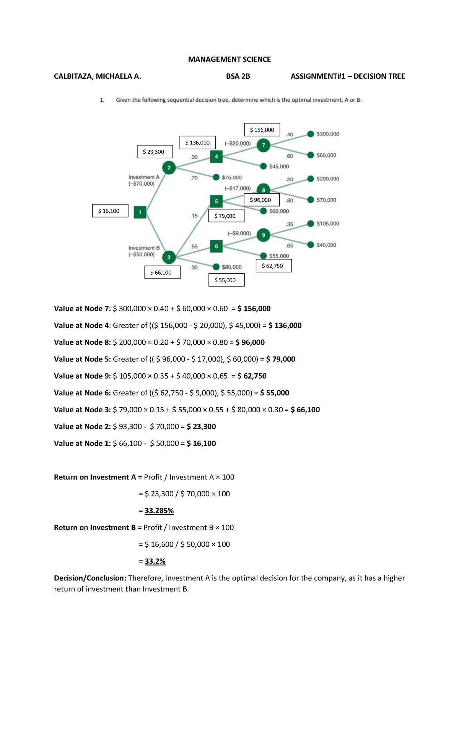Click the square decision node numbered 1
point(140,212)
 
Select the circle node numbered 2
point(169,167)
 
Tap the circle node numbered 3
point(169,257)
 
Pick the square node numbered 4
point(216,156)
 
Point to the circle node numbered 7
point(263,145)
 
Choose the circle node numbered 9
point(263,235)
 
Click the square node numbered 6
point(216,246)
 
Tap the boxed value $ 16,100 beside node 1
point(110,211)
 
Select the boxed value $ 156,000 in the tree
point(262,130)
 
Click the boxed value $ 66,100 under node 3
point(162,272)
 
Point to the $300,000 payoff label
point(328,134)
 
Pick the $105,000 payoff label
point(328,224)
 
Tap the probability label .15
point(194,216)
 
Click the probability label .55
point(194,246)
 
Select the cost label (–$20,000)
point(238,144)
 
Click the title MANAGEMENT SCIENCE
point(229,59)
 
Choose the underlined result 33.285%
point(159,510)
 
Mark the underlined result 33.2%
point(155,561)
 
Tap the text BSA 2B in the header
point(238,76)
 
